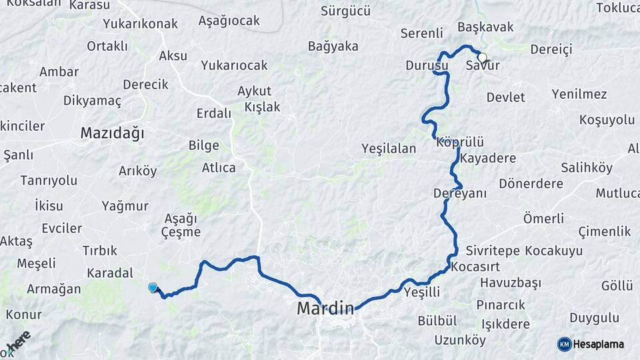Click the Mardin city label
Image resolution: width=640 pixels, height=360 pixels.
pyautogui.click(x=325, y=308)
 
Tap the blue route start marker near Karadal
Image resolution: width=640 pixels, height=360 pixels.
pyautogui.click(x=153, y=287)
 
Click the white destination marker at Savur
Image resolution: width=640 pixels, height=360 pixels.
pyautogui.click(x=482, y=57)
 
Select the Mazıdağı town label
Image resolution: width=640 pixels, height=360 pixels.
pyautogui.click(x=112, y=133)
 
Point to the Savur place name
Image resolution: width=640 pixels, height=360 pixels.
pyautogui.click(x=483, y=66)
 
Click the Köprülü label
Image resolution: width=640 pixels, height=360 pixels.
pyautogui.click(x=459, y=143)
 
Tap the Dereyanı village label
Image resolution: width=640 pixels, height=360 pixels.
pyautogui.click(x=460, y=193)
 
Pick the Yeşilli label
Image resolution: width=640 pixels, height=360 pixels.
pyautogui.click(x=423, y=291)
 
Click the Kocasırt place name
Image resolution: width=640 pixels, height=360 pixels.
pyautogui.click(x=474, y=267)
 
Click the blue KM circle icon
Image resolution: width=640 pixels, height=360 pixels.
pyautogui.click(x=564, y=343)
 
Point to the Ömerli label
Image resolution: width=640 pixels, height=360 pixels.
pyautogui.click(x=543, y=219)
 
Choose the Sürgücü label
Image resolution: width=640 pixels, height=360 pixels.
pyautogui.click(x=345, y=11)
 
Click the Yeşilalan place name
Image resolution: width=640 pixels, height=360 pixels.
pyautogui.click(x=389, y=149)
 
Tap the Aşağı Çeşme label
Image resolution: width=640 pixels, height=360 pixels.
pyautogui.click(x=181, y=225)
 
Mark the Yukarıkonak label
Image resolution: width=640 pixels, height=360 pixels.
pyautogui.click(x=140, y=24)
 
